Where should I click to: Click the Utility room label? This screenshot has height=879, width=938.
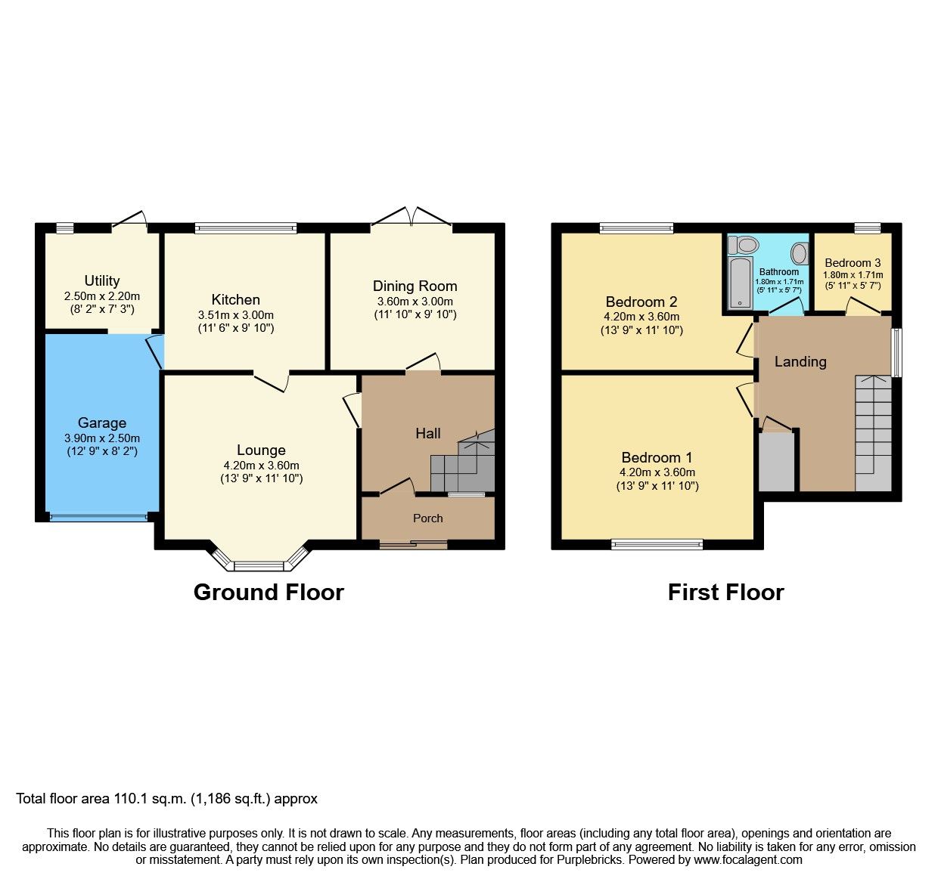(x=101, y=280)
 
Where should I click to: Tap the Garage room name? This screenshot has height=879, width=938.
(x=101, y=422)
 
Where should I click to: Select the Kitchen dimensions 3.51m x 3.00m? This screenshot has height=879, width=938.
(x=235, y=315)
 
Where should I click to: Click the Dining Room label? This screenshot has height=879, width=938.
(x=415, y=286)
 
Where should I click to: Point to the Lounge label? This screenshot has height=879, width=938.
(x=261, y=450)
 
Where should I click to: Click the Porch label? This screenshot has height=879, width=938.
(x=427, y=518)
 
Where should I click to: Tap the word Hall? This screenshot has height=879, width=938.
(x=427, y=433)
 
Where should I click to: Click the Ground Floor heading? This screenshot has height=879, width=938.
(x=269, y=592)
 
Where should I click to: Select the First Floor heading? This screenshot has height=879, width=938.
(x=725, y=592)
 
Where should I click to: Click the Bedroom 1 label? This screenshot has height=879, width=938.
(x=657, y=457)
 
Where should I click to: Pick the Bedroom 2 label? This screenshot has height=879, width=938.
(x=641, y=302)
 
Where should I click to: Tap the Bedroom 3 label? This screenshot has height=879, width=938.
(x=853, y=263)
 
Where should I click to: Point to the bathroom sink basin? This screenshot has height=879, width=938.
(x=799, y=253)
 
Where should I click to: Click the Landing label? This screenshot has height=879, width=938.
(x=800, y=361)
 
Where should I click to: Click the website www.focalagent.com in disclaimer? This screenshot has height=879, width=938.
(x=748, y=859)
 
